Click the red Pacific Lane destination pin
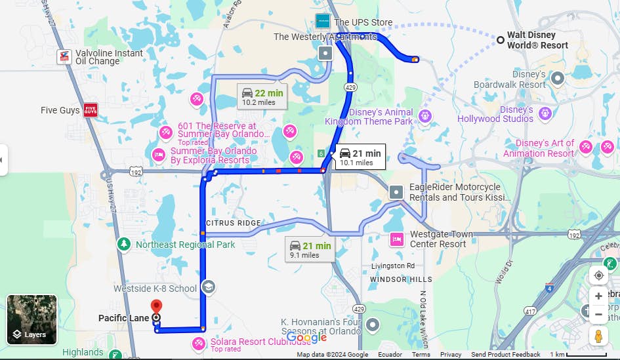pos(156,307)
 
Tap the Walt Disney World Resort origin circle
pos(501,41)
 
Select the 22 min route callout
pos(262,96)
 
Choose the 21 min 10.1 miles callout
pos(360,157)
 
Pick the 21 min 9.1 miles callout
pos(310,250)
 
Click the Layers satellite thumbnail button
pos(32,319)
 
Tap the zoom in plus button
pos(598,296)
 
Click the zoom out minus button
pos(598,315)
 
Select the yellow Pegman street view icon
pos(598,336)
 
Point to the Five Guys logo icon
pos(91,110)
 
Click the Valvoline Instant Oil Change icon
pos(64,56)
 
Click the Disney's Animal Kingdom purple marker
pos(424,116)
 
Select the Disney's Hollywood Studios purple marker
pos(544,114)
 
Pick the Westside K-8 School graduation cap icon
pos(208,287)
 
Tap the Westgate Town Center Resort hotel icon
pos(396,239)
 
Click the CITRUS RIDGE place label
pos(234,224)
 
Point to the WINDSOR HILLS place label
pos(401,279)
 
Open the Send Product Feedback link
pos(506,355)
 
